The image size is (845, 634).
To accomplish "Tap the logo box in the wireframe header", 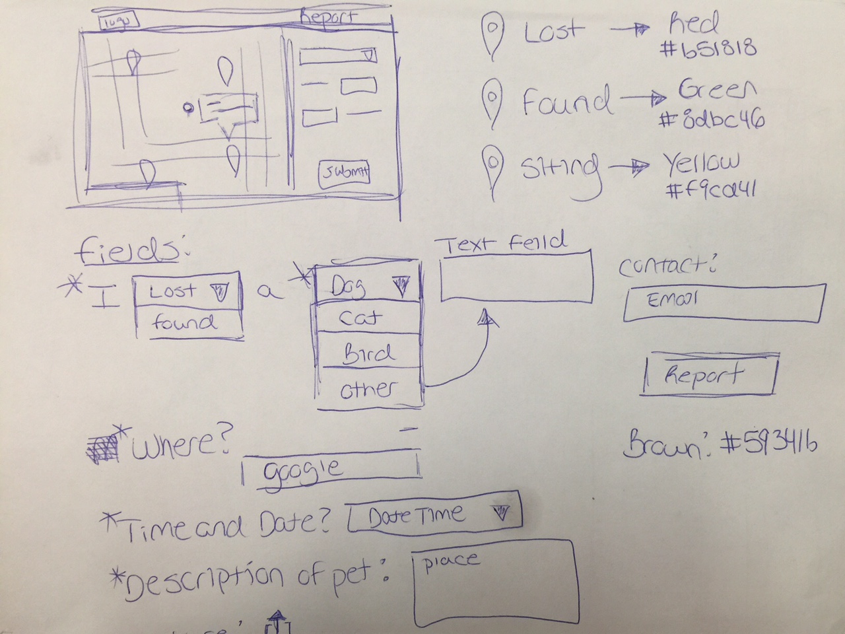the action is pyautogui.click(x=119, y=21).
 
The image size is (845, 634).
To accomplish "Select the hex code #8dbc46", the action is pyautogui.click(x=712, y=120).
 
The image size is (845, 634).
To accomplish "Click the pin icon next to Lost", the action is pyautogui.click(x=492, y=36).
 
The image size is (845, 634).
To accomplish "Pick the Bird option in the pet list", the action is pyautogui.click(x=368, y=355).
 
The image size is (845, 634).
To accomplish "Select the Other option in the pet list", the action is pyautogui.click(x=368, y=390).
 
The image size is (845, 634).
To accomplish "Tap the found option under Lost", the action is pyautogui.click(x=184, y=324).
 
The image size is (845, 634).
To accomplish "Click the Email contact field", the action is pyautogui.click(x=723, y=302).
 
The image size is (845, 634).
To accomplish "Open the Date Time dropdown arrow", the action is pyautogui.click(x=502, y=512).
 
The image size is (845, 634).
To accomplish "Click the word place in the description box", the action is pyautogui.click(x=451, y=561).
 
